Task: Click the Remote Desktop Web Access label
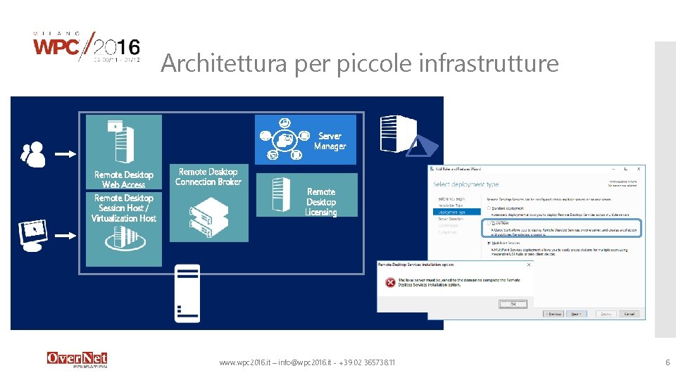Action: tap(123, 179)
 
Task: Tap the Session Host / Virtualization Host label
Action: tap(123, 208)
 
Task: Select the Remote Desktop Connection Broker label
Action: tap(208, 177)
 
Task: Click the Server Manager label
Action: tap(330, 141)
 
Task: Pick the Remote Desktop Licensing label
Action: tap(321, 202)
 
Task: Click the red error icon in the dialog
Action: tap(389, 283)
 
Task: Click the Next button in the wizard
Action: tap(576, 314)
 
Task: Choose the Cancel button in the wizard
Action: tap(629, 314)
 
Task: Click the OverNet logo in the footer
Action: tap(77, 359)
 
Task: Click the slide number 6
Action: tap(667, 362)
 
